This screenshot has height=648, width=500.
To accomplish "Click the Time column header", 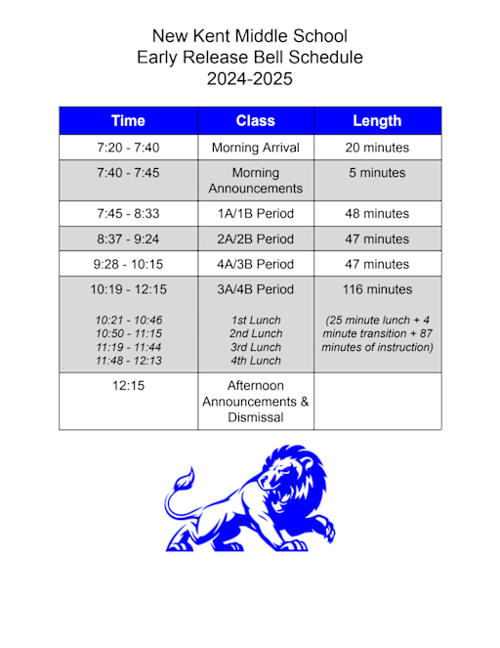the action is (128, 121).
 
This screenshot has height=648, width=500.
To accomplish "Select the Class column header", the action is (256, 121).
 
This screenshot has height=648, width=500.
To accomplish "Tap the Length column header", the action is (377, 121).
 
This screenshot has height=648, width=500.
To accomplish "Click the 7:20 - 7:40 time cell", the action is (128, 149).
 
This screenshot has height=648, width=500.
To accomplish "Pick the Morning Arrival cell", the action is (256, 149).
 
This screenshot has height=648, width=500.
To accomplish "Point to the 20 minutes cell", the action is (377, 149).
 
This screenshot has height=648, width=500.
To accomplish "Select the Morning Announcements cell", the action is (256, 181).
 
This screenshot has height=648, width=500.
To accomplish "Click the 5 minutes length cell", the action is (377, 173).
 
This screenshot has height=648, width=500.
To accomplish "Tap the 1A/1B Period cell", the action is (256, 213).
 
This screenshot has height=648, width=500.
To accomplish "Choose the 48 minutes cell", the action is (377, 213).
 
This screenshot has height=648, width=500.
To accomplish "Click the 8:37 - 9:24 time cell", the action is (128, 238).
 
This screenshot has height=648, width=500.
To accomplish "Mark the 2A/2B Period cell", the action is (256, 238).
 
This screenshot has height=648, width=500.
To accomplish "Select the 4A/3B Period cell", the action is (256, 264).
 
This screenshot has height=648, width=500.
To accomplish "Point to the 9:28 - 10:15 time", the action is (128, 264).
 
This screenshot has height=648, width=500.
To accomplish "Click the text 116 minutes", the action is (377, 289).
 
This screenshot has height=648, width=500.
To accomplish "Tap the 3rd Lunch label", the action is (256, 347).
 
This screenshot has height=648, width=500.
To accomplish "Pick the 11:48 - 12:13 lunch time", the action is (128, 361).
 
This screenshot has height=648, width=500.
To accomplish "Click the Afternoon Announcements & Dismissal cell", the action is (256, 402).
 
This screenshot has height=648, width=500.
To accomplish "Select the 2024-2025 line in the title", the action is (250, 79).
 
